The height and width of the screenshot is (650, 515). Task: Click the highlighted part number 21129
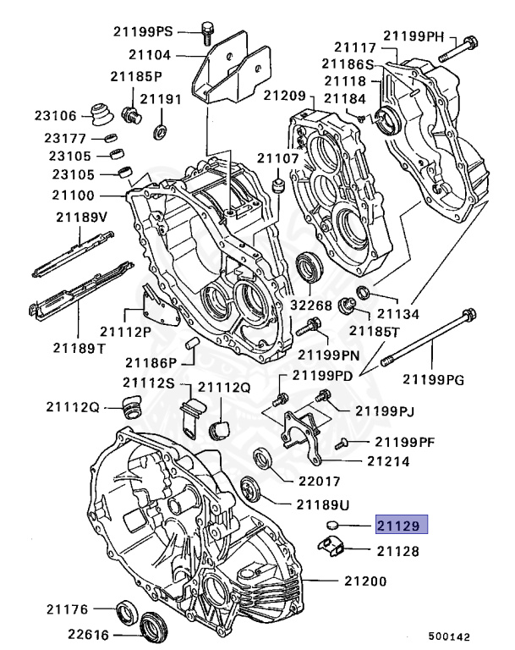point(401,526)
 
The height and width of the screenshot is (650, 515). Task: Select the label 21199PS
point(143,32)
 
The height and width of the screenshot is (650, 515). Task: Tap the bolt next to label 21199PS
point(205,35)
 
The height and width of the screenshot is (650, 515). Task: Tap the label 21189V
point(82,218)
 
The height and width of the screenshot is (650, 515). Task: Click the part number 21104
point(150,56)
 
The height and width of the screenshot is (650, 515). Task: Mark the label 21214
point(388,462)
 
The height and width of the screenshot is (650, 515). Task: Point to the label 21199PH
point(413,36)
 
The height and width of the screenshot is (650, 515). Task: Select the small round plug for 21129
point(332,526)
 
